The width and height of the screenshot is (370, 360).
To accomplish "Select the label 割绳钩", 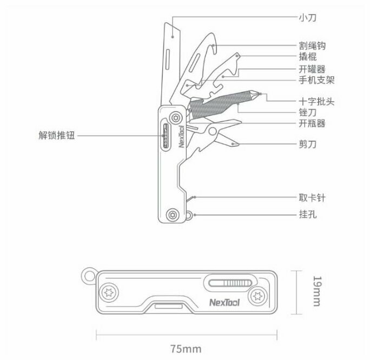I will [312, 46].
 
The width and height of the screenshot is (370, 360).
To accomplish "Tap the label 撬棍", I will [308, 57].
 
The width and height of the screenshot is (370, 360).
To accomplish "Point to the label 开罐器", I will [312, 69].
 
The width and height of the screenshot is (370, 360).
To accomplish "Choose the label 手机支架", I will [316, 80].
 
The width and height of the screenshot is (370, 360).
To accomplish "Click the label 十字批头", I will [316, 101].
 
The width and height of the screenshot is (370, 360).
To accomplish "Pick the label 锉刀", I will [308, 112].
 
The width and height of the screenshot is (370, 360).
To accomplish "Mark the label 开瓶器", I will [312, 123].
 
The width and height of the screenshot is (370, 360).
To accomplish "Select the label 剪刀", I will [308, 144].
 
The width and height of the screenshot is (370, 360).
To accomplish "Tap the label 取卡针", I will [312, 198].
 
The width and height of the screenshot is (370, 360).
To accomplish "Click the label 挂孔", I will [308, 214].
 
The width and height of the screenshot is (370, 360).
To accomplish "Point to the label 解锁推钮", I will [56, 136].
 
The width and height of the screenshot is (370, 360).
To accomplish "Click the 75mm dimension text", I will [184, 349].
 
